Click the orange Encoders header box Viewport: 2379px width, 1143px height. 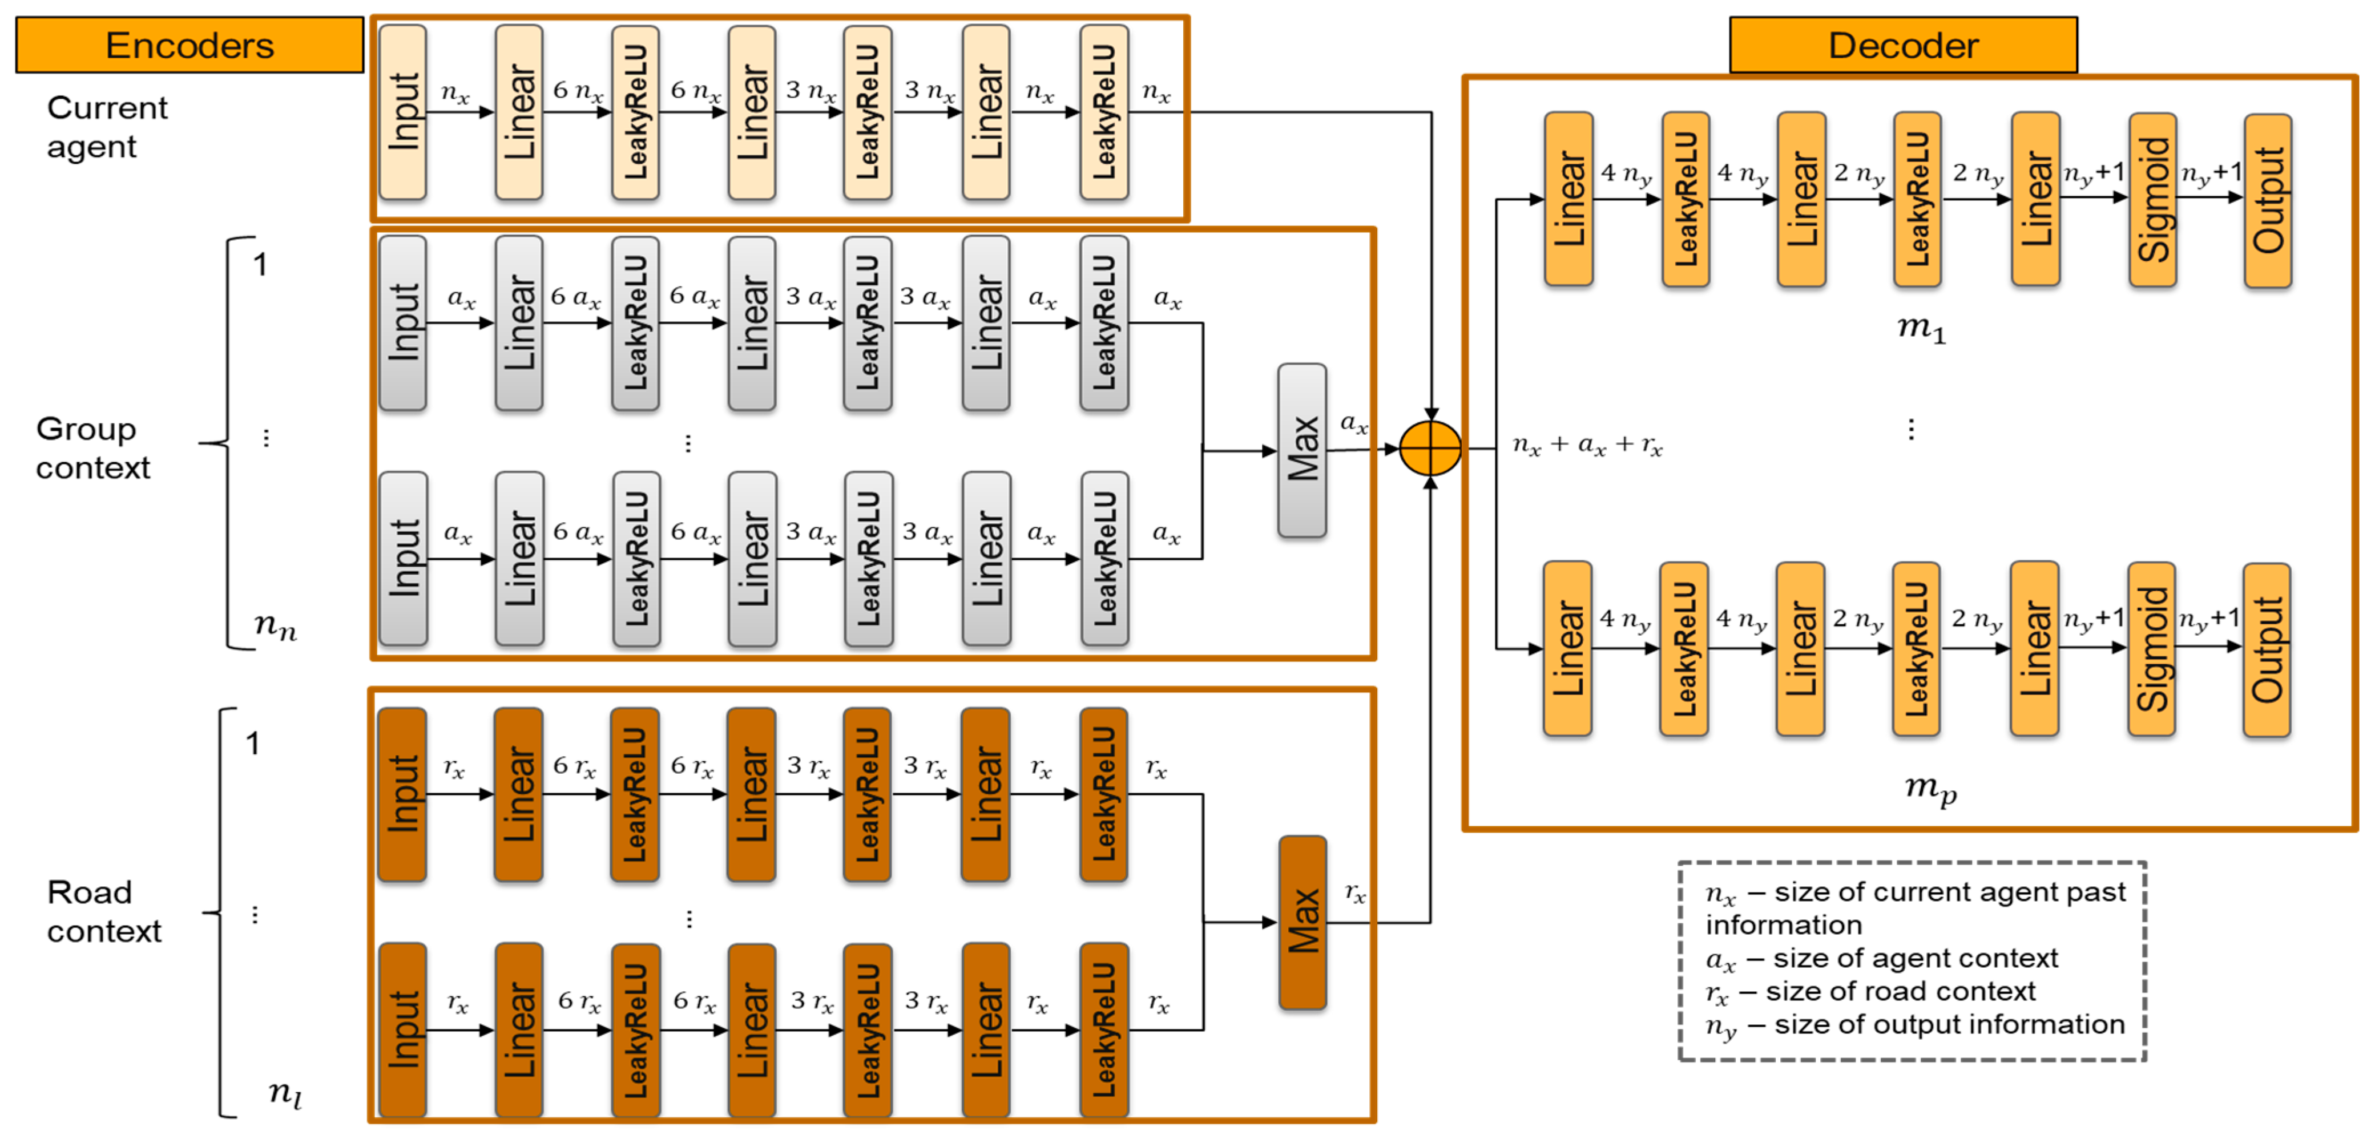tap(189, 45)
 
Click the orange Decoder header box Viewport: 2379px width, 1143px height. tap(1902, 45)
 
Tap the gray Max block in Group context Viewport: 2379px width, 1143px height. tap(1302, 451)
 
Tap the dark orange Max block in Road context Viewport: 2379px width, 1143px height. tap(1302, 922)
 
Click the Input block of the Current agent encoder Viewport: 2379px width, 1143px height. tap(402, 112)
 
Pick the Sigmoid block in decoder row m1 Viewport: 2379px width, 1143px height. tap(2152, 199)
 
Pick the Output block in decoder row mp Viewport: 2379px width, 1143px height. tap(2267, 649)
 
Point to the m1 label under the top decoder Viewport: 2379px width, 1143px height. tap(1921, 328)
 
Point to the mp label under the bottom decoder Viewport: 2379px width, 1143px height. tap(1930, 789)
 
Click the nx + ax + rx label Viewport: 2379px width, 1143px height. tap(1587, 446)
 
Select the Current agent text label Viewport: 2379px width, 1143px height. tap(106, 127)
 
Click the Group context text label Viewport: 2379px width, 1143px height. tap(92, 448)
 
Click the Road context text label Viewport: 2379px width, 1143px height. tap(103, 911)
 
